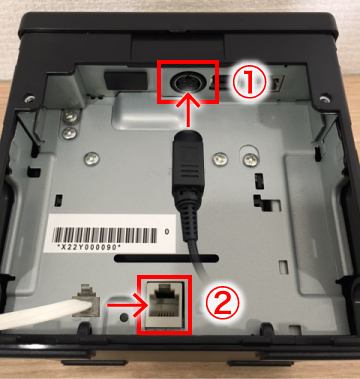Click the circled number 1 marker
pos(249,83)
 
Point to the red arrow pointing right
pos(124,305)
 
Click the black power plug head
pos(188,157)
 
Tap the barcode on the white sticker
pos(105,236)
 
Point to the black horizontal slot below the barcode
pos(166,258)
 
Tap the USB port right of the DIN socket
pos(214,83)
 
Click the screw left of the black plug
pos(92,158)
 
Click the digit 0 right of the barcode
pos(167,231)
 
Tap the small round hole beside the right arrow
pos(125,316)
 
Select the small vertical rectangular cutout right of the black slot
pos(284,267)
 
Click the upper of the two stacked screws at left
pos(70,116)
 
